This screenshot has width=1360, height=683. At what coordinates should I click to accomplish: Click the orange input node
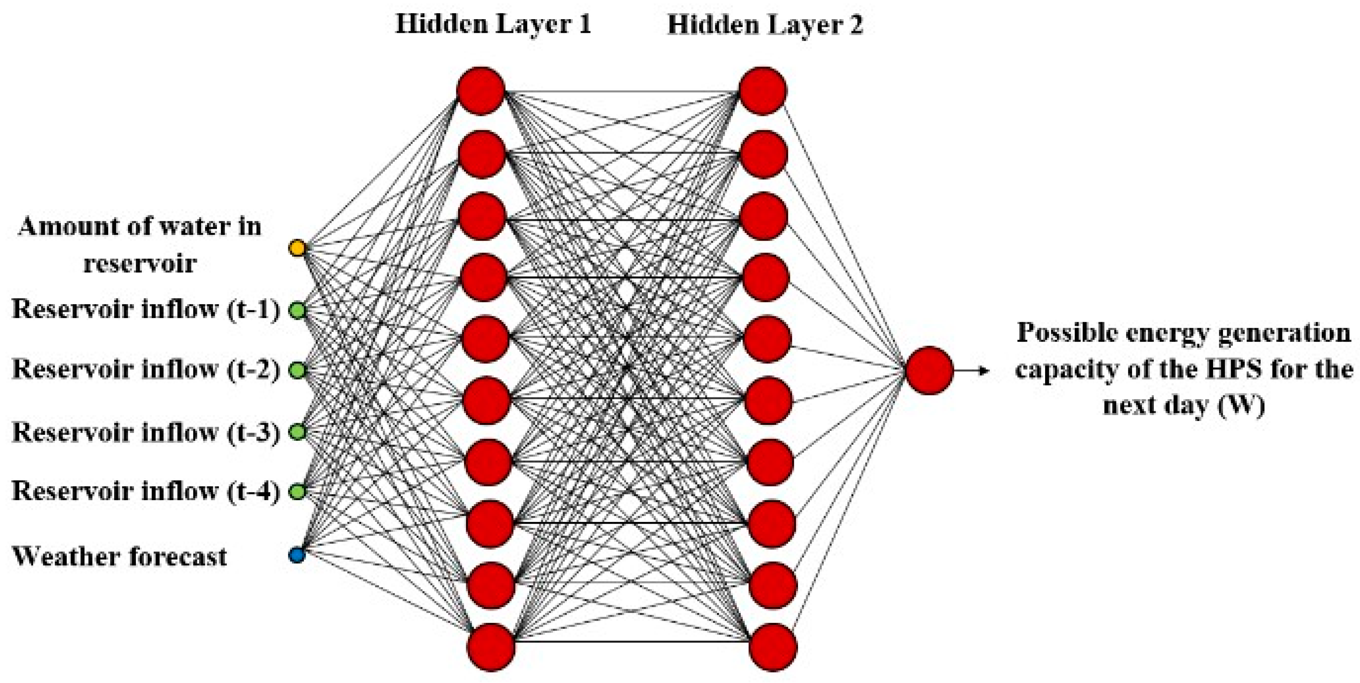(297, 248)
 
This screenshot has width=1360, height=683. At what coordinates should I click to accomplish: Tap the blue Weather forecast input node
(297, 555)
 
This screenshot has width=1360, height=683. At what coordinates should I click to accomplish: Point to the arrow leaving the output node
(971, 370)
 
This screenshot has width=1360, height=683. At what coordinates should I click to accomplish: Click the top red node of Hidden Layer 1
(481, 91)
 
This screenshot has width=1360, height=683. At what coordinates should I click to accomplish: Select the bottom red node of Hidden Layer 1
(491, 647)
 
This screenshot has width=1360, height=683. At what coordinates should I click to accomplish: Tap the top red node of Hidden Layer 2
(762, 91)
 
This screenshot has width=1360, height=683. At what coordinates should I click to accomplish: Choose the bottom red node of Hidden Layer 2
(772, 647)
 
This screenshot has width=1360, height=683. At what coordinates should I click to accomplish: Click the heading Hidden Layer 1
(493, 24)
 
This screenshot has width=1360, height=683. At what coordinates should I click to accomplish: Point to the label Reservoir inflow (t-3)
(145, 432)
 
